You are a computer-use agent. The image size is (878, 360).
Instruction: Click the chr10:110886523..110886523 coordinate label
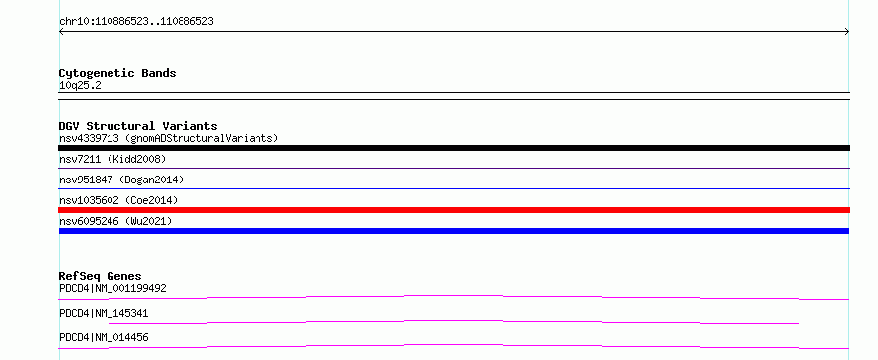(136, 22)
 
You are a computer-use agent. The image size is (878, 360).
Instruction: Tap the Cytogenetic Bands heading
(117, 73)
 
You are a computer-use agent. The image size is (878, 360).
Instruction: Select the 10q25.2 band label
(80, 86)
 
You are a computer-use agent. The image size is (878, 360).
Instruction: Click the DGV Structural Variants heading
(138, 126)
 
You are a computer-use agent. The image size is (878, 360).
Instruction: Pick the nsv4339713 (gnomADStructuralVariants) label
(169, 138)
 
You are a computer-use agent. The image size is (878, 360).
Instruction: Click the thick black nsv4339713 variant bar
(454, 148)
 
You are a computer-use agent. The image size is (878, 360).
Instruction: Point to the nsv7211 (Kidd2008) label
(112, 159)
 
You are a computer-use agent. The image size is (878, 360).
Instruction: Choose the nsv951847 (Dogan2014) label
(121, 180)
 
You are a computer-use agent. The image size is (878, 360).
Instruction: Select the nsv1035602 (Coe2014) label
(118, 200)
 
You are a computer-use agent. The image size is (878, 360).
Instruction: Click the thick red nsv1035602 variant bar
(454, 210)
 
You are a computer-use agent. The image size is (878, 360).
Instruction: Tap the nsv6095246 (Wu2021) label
(115, 221)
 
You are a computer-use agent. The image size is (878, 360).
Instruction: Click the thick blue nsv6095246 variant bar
(454, 231)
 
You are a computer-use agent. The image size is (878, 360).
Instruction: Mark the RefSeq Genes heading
(101, 276)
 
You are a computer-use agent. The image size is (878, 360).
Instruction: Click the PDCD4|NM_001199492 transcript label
(112, 288)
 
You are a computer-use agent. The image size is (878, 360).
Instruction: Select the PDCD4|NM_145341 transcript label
(104, 313)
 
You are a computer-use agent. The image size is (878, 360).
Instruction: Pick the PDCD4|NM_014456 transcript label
(104, 337)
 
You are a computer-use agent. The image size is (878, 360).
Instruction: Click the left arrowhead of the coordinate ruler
(60, 32)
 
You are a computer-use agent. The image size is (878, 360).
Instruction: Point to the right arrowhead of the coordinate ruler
(848, 32)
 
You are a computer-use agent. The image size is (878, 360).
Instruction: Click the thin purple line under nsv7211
(454, 168)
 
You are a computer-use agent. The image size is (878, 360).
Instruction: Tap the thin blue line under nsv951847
(454, 188)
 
